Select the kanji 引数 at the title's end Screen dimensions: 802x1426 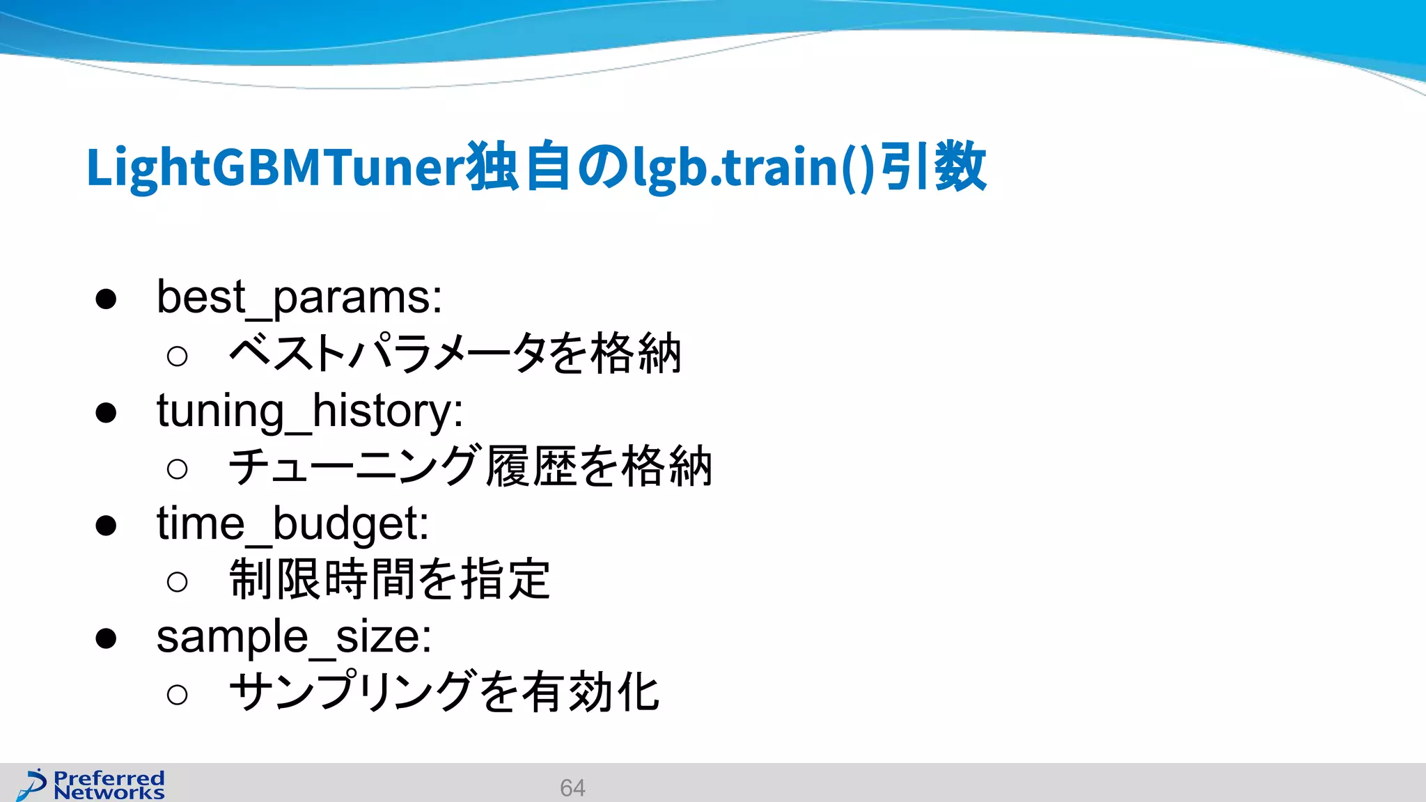(933, 167)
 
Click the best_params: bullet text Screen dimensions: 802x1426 (299, 298)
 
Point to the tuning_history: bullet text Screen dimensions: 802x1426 (310, 411)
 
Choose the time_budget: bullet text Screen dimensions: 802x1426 (292, 524)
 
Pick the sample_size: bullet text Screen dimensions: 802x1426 (294, 637)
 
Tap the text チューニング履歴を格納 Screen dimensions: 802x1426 (471, 466)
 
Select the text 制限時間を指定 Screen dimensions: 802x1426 (390, 579)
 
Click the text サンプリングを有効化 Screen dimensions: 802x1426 (444, 693)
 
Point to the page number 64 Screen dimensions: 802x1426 (572, 788)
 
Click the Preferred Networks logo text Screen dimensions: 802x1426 (109, 785)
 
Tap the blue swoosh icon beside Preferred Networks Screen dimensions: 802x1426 (32, 785)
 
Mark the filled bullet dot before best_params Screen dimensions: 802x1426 (106, 299)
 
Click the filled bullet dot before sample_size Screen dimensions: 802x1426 (106, 638)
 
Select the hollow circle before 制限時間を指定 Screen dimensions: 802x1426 (178, 581)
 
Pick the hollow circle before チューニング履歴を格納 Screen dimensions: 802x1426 (178, 469)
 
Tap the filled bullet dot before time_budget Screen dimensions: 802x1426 (106, 526)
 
